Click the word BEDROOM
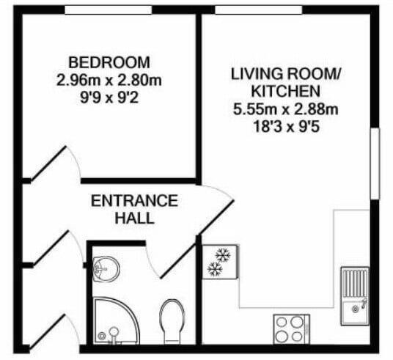pyautogui.click(x=109, y=62)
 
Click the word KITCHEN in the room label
pyautogui.click(x=286, y=92)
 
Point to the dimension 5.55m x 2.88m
pyautogui.click(x=286, y=110)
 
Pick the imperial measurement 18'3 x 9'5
pyautogui.click(x=286, y=126)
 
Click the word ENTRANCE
pyautogui.click(x=133, y=201)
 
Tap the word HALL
pyautogui.click(x=133, y=218)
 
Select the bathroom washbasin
pyautogui.click(x=107, y=268)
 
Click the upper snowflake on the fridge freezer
pyautogui.click(x=221, y=256)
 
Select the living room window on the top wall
pyautogui.click(x=258, y=10)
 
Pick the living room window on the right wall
pyautogui.click(x=374, y=164)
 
